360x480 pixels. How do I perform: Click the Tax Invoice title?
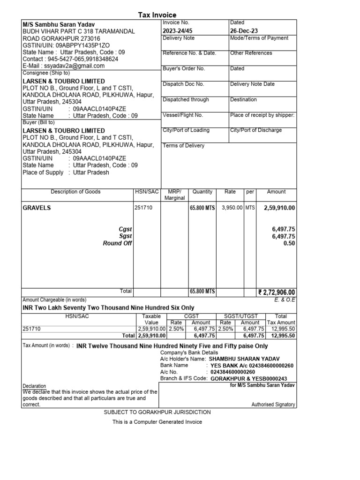157,15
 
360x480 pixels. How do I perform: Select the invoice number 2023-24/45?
177,30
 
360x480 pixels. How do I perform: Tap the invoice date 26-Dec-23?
244,30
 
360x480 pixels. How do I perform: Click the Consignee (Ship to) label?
46,73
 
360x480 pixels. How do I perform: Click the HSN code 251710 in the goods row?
143,208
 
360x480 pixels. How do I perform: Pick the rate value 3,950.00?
232,208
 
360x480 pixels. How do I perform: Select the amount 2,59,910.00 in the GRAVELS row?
279,208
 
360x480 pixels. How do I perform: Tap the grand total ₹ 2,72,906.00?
276,292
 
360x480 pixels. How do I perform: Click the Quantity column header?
202,192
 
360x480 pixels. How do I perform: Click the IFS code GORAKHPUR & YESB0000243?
249,378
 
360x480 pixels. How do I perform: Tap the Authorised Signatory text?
273,404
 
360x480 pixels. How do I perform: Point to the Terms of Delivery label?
183,146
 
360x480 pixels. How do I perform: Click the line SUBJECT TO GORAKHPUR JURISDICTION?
157,412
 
